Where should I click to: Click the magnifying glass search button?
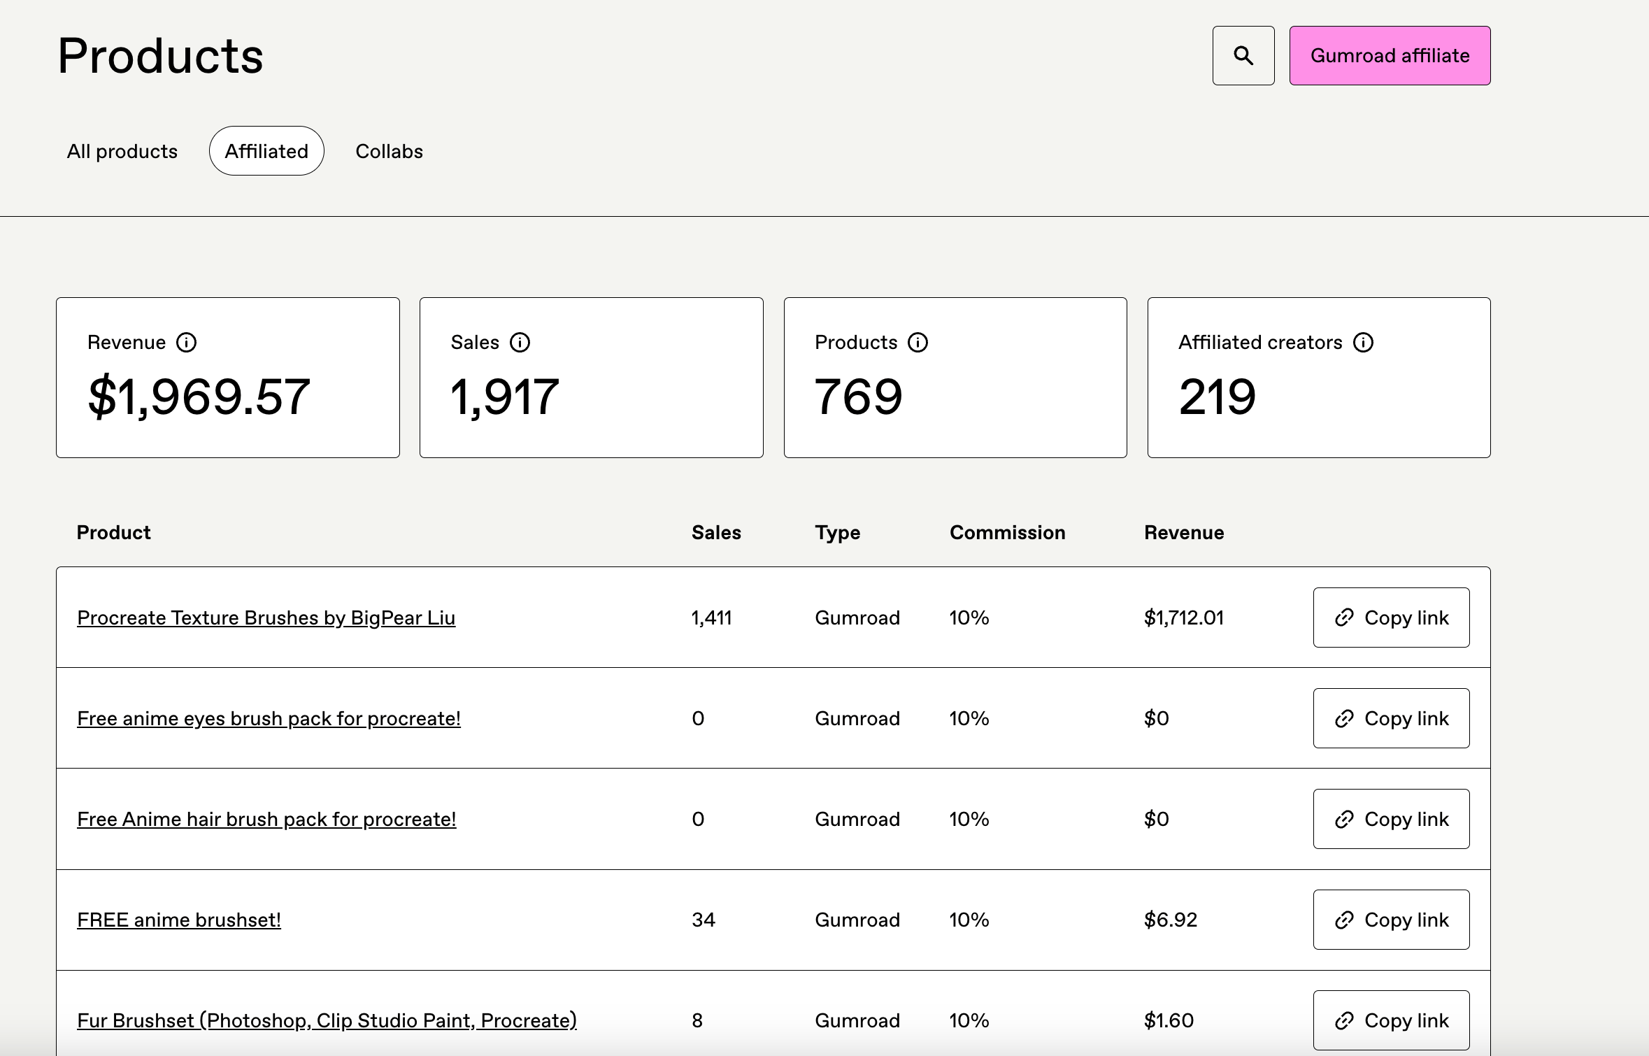[1243, 56]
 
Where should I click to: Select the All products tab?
[122, 151]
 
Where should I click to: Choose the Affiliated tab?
[266, 151]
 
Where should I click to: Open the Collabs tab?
[389, 151]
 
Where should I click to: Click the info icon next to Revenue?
[186, 343]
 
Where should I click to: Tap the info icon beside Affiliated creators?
[1363, 343]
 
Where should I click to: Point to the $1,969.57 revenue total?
[199, 397]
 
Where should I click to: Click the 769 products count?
[859, 397]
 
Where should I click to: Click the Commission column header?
[1007, 533]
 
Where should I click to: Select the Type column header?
[837, 533]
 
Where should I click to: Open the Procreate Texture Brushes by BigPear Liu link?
[266, 618]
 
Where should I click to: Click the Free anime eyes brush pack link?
[269, 719]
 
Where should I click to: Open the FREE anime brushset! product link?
[179, 920]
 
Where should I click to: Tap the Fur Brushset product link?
[327, 1021]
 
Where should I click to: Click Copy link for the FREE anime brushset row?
[1391, 920]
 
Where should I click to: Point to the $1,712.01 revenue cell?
[1184, 618]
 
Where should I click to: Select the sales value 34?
[704, 920]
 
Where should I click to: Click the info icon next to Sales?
[520, 343]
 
